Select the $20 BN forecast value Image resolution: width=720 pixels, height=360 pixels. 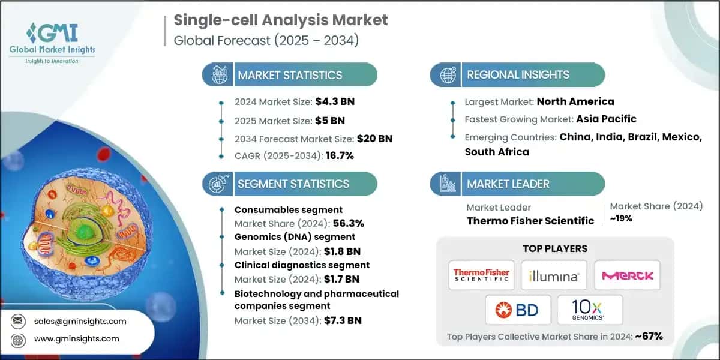[x=375, y=138]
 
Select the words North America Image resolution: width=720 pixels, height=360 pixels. [x=575, y=101]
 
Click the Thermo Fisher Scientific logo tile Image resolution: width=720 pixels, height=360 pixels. [x=481, y=275]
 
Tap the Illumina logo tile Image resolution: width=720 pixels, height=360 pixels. [x=554, y=275]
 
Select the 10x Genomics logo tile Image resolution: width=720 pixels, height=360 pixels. [x=590, y=310]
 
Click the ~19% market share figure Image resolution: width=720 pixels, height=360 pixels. [x=621, y=219]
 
